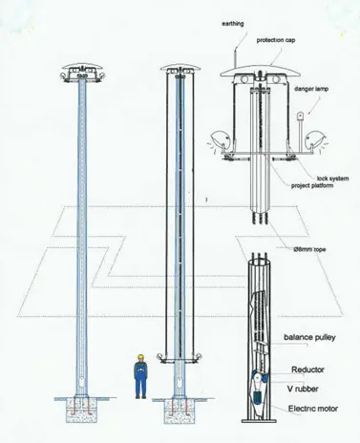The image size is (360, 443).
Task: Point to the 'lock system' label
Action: click(x=311, y=179)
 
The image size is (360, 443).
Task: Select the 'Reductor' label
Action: click(x=307, y=369)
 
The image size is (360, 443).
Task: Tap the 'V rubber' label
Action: click(x=307, y=390)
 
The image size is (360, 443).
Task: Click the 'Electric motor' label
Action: click(x=312, y=410)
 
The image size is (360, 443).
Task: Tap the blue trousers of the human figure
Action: click(x=140, y=386)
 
